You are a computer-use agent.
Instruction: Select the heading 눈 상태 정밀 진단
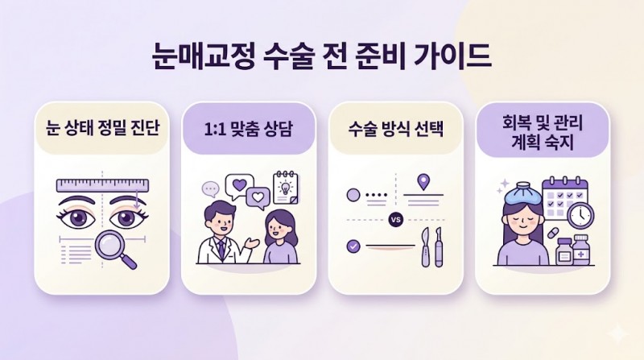[x=102, y=129]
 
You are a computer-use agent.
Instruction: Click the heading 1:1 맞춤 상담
[x=248, y=129]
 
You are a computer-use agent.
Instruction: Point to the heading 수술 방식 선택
[x=395, y=129]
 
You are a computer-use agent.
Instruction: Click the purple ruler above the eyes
[x=102, y=185]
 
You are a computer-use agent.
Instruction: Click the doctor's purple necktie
[x=221, y=249]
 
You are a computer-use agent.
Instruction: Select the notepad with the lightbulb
[x=286, y=187]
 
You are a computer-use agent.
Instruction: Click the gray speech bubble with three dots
[x=211, y=190]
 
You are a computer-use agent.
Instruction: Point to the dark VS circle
[x=396, y=220]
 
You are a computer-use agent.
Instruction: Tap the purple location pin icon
[x=423, y=182]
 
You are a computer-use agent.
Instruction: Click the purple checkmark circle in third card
[x=353, y=246]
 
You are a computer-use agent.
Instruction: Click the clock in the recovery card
[x=580, y=215]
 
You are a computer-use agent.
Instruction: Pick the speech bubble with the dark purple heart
[x=239, y=186]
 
